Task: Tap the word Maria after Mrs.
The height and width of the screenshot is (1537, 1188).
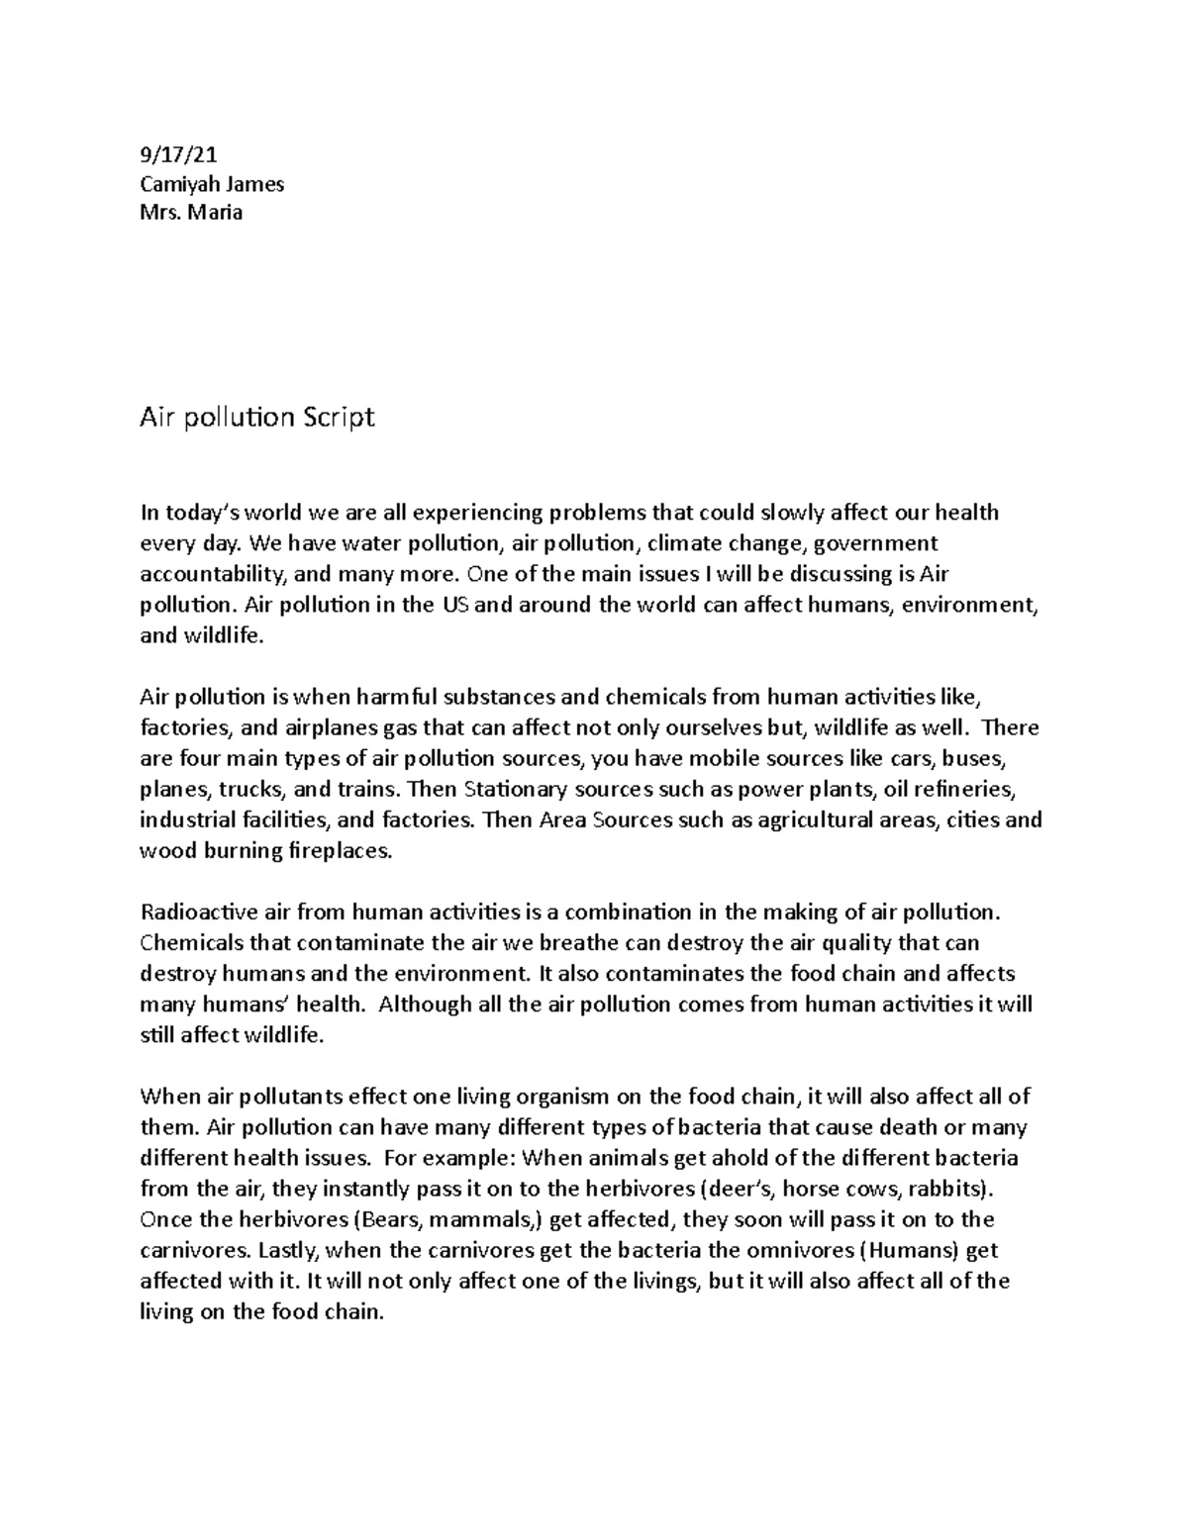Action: point(217,212)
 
